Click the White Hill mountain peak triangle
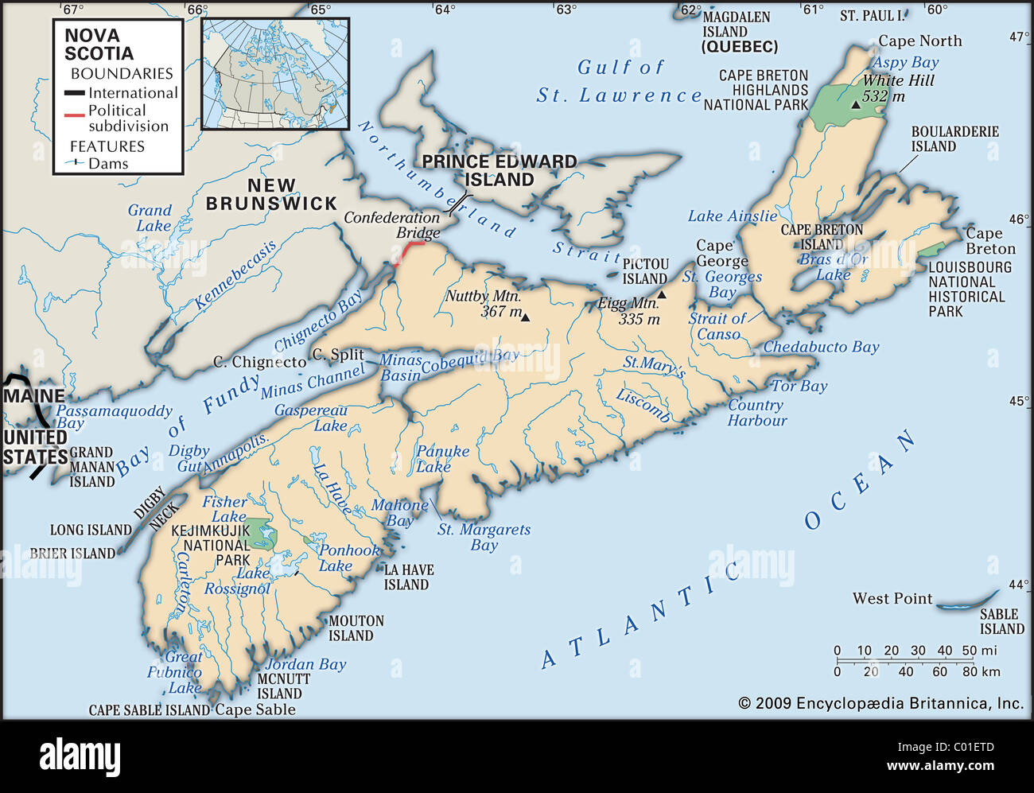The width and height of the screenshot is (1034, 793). point(856,104)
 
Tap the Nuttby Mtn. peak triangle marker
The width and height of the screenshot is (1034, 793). point(525,317)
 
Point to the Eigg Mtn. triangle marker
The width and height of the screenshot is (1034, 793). point(661,294)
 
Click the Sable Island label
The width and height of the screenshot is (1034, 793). point(1001,621)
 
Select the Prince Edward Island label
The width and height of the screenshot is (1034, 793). point(500,171)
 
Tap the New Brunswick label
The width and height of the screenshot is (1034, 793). point(271,195)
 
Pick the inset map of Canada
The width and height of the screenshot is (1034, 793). point(275,74)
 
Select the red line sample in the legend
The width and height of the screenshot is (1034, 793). point(74,115)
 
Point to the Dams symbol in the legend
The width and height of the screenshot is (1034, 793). point(75,163)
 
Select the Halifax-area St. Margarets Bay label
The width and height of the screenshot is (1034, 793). point(484,537)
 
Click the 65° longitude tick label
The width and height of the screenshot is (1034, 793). point(321,10)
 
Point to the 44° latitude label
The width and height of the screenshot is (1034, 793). point(1018,585)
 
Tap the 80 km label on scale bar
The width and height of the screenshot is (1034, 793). point(980,671)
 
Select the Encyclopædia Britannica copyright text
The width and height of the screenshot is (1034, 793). point(880,703)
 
